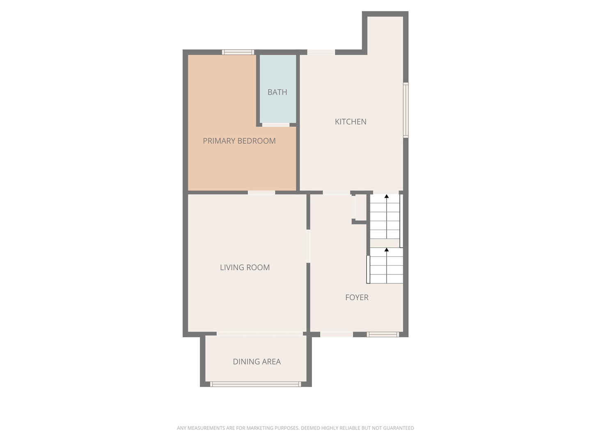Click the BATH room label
[277, 92]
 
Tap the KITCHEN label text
[350, 122]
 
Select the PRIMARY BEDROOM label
[239, 141]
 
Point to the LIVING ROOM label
[245, 267]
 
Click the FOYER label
[357, 297]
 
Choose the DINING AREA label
[257, 362]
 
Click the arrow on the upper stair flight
[386, 197]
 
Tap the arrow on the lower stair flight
[386, 250]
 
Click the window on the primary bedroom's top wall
[238, 52]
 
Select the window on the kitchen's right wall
[405, 110]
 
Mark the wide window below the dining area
[255, 384]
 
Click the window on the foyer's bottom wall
[383, 335]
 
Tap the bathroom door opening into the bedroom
[276, 125]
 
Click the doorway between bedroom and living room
[261, 192]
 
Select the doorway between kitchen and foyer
[336, 192]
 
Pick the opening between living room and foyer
[308, 246]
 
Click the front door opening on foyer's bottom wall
[336, 335]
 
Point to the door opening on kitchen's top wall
[321, 52]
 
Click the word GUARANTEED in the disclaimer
[398, 428]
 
